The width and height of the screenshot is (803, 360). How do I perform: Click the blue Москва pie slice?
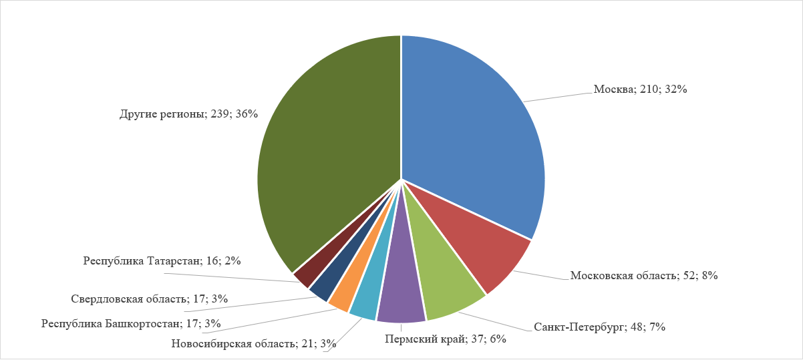[x=474, y=127]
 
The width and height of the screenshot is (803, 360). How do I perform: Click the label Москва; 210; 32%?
[x=640, y=89]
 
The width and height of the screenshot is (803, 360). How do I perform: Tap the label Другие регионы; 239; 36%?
[x=188, y=114]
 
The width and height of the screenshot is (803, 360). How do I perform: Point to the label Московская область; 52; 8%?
[x=643, y=275]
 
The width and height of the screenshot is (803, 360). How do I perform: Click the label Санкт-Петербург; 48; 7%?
[x=599, y=327]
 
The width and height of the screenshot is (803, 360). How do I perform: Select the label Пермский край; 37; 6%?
[x=445, y=339]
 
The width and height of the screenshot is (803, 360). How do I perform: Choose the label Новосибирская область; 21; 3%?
[x=253, y=344]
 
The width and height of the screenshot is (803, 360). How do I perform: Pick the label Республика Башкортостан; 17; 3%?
[x=131, y=324]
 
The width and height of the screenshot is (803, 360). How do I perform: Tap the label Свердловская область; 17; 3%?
[x=149, y=299]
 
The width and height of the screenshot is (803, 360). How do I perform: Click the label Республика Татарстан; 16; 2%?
[x=162, y=260]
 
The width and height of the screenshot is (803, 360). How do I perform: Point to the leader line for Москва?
[x=558, y=96]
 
